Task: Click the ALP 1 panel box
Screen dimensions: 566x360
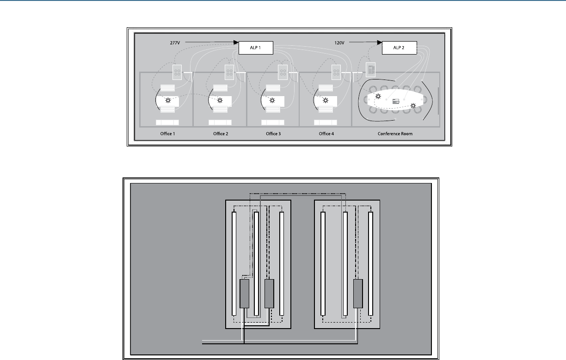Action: pyautogui.click(x=256, y=48)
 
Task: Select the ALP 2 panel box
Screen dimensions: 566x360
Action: pyautogui.click(x=399, y=48)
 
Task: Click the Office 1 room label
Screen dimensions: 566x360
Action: pyautogui.click(x=166, y=134)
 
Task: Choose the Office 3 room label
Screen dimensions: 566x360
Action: pyautogui.click(x=273, y=134)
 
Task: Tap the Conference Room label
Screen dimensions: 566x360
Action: pyautogui.click(x=395, y=134)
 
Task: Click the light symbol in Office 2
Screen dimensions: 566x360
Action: pyautogui.click(x=220, y=100)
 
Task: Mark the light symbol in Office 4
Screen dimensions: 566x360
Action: pyautogui.click(x=326, y=100)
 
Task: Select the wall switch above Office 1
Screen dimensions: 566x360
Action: pyautogui.click(x=177, y=71)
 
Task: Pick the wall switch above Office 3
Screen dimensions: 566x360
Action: pyautogui.click(x=283, y=71)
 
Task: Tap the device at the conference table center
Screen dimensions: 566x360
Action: pyautogui.click(x=395, y=101)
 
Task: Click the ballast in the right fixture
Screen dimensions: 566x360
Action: pyautogui.click(x=358, y=293)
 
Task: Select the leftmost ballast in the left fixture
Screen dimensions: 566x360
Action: pyautogui.click(x=244, y=293)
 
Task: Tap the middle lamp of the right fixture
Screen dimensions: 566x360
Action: pyautogui.click(x=345, y=263)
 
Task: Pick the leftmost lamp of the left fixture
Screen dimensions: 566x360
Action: pyautogui.click(x=234, y=263)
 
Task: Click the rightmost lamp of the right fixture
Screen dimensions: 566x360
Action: pyautogui.click(x=370, y=263)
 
